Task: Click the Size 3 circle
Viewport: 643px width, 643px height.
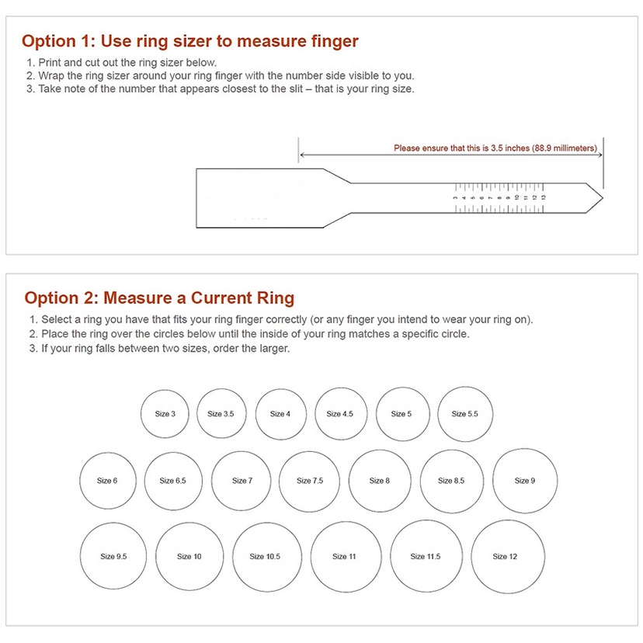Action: point(165,414)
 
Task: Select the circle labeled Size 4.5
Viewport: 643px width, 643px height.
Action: point(340,414)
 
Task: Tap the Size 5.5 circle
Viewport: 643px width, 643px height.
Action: point(464,414)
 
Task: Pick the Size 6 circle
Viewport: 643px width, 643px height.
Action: point(108,481)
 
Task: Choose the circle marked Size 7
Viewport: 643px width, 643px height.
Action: point(242,481)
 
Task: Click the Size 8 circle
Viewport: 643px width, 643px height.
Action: point(380,481)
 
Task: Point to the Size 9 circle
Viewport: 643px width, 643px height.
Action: point(525,481)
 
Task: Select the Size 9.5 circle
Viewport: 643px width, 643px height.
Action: point(113,556)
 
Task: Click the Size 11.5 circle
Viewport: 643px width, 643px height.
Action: point(426,556)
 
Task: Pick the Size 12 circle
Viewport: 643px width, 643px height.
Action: point(506,556)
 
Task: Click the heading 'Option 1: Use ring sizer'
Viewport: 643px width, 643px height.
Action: point(189,41)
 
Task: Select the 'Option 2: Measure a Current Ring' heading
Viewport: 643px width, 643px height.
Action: point(159,298)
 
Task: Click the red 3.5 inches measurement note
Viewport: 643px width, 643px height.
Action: point(495,148)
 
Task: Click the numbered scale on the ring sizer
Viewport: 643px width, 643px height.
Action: point(500,197)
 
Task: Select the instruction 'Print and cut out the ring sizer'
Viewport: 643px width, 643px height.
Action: point(127,63)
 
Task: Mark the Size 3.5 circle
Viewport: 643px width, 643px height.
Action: point(221,414)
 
